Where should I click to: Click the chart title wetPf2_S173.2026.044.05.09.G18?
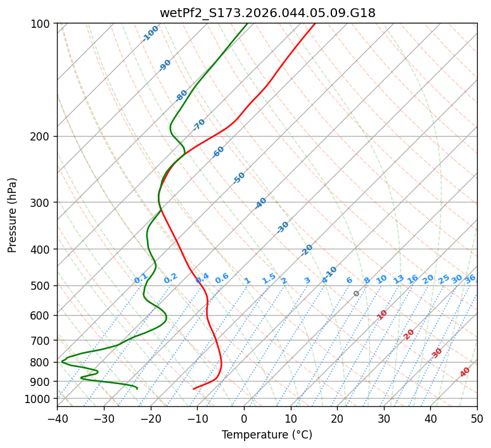[x=267, y=13]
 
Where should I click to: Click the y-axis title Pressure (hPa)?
[x=13, y=215]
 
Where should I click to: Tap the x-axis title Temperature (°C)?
[x=267, y=435]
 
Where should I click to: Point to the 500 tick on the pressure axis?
[x=42, y=286]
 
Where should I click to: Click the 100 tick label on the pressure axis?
[x=42, y=24]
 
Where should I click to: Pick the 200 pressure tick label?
[x=42, y=137]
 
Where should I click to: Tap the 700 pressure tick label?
[x=42, y=340]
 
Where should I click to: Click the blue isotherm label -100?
[x=151, y=33]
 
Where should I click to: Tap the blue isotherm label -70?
[x=199, y=125]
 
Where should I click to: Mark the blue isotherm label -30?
[x=283, y=227]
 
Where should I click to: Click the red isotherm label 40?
[x=465, y=372]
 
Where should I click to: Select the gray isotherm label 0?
[x=357, y=294]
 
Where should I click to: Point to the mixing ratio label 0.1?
[x=141, y=278]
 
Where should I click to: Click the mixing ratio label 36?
[x=470, y=278]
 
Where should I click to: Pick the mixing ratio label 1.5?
[x=269, y=278]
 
